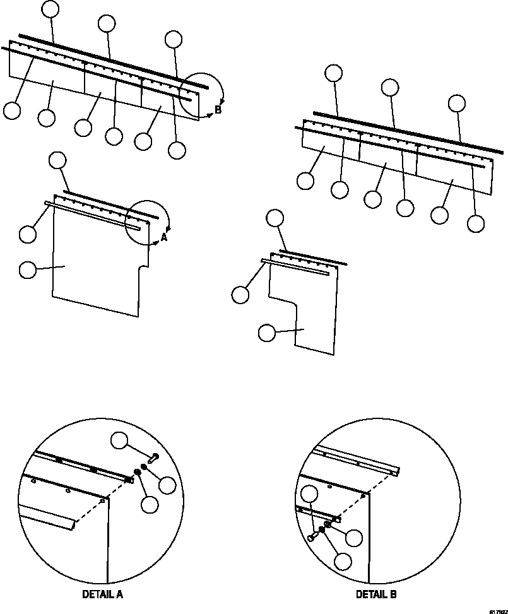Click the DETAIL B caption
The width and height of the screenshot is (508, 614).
tap(376, 594)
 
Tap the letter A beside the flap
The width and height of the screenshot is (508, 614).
tap(164, 237)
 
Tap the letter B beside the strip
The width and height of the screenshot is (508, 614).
tap(218, 110)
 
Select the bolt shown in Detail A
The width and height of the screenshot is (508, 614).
tap(153, 456)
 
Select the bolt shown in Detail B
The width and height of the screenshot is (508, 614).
tap(312, 536)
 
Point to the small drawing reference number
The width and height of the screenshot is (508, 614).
tap(497, 611)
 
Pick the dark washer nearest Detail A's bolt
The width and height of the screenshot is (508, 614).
tap(144, 468)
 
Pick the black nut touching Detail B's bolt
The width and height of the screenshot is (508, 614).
tap(322, 530)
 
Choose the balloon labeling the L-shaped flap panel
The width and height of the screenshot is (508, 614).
tap(268, 333)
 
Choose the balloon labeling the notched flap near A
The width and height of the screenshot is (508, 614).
tap(28, 270)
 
